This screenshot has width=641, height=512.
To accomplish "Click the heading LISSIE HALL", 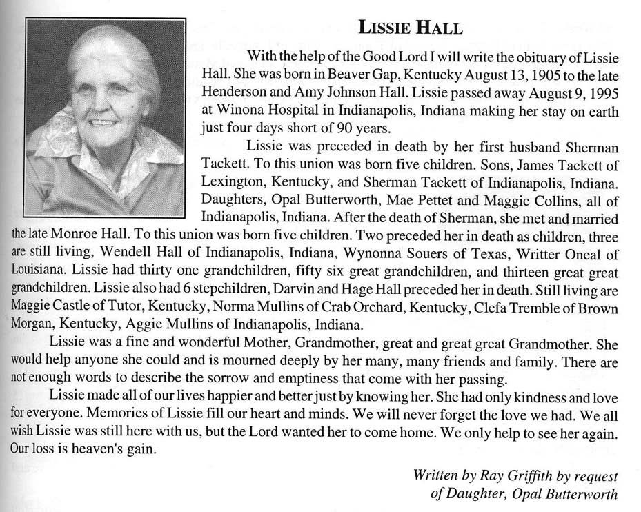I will point(411,28).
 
